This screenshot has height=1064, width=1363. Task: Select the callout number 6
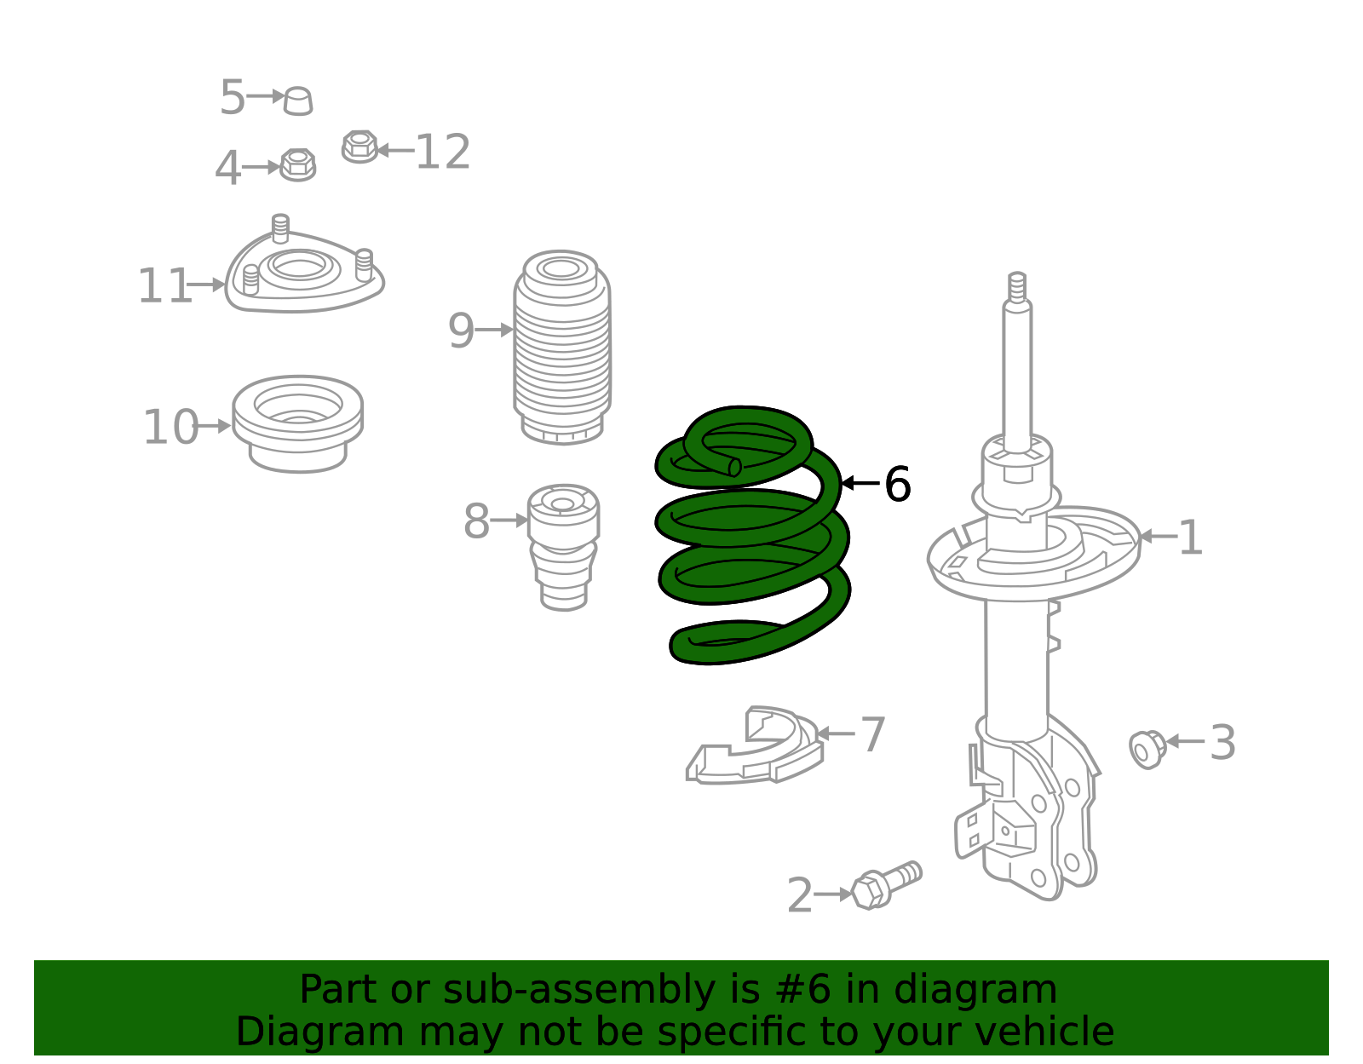(x=897, y=485)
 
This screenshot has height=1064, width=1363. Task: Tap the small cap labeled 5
(x=298, y=101)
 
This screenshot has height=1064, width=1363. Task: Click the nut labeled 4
(x=297, y=164)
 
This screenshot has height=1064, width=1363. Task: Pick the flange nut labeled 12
(x=359, y=147)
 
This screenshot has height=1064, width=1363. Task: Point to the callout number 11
(x=164, y=286)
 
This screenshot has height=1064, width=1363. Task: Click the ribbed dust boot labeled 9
(x=561, y=348)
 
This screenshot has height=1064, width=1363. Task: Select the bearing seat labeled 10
(x=297, y=423)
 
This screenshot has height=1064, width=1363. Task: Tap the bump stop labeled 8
(x=562, y=545)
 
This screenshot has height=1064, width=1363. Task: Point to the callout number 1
(x=1190, y=538)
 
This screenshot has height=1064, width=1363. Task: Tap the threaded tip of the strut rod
(x=1016, y=286)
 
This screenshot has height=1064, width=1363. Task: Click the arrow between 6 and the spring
(x=860, y=483)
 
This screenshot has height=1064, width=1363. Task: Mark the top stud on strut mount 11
(x=280, y=227)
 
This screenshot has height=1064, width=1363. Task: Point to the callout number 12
(x=442, y=152)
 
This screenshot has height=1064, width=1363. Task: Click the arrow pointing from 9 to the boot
(x=494, y=330)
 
